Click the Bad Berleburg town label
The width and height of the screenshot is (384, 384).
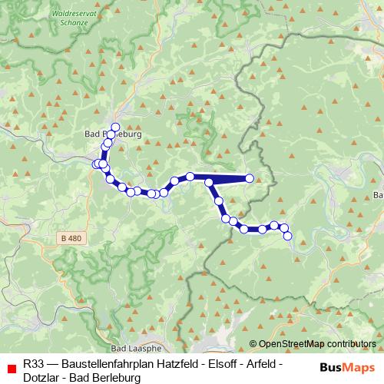pos(112,133)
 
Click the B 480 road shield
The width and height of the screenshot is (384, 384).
pos(70,239)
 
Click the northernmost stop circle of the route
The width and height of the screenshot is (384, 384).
pos(116,127)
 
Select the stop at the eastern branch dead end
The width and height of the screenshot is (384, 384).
pos(250,179)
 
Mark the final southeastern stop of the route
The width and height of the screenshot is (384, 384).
pos(288,236)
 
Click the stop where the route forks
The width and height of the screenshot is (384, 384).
pos(208,182)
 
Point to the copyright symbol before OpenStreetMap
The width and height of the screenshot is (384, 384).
pos(253,344)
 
